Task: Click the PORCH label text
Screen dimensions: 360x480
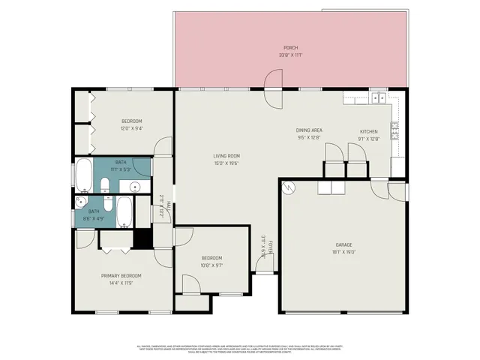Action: point(290,46)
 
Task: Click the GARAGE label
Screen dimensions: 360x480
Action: point(343,245)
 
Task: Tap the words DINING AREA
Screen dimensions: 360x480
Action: point(309,130)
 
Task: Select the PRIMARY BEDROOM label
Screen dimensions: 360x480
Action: point(121,276)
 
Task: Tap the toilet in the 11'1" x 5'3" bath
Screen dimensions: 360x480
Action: point(106,183)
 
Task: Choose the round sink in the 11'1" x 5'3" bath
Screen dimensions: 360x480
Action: point(135,187)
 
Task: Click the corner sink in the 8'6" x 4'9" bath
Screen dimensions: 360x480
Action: point(81,202)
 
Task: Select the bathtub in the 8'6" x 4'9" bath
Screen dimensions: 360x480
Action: point(124,211)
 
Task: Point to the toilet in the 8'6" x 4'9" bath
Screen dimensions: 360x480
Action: point(106,205)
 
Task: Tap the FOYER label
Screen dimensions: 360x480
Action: point(271,247)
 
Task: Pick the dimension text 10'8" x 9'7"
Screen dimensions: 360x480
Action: point(212,265)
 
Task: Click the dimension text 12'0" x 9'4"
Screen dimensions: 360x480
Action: point(132,128)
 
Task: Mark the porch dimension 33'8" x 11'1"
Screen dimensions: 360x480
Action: point(290,54)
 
